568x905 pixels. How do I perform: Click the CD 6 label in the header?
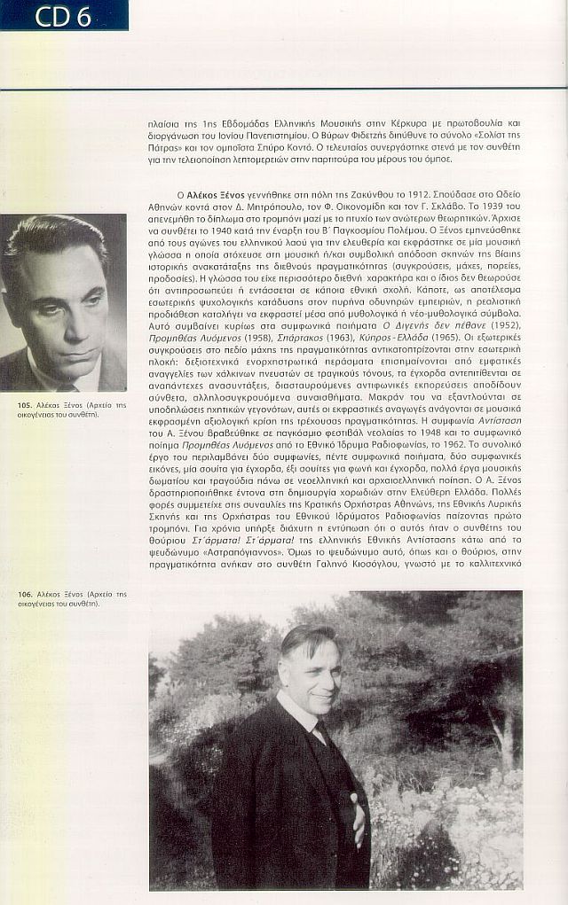(x=63, y=15)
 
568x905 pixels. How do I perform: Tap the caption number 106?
(x=25, y=593)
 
